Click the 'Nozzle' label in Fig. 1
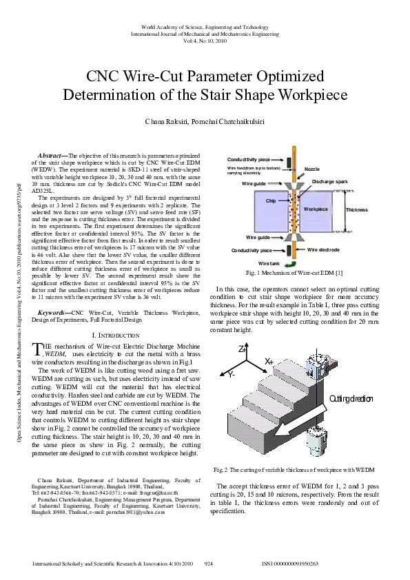pos(312,169)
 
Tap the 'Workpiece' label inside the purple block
pos(316,209)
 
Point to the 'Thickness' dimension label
pos(357,209)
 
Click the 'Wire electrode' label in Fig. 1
pos(323,249)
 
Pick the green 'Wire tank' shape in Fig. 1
pos(291,262)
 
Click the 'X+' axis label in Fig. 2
pos(269,361)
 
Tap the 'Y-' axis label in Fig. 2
pos(232,374)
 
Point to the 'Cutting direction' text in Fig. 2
pos(350,400)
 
